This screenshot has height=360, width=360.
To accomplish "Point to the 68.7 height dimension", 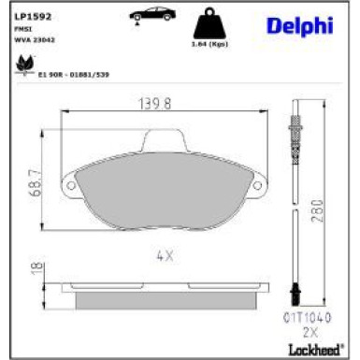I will click(x=36, y=178).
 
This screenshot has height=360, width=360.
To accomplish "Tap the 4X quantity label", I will click(x=165, y=254).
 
